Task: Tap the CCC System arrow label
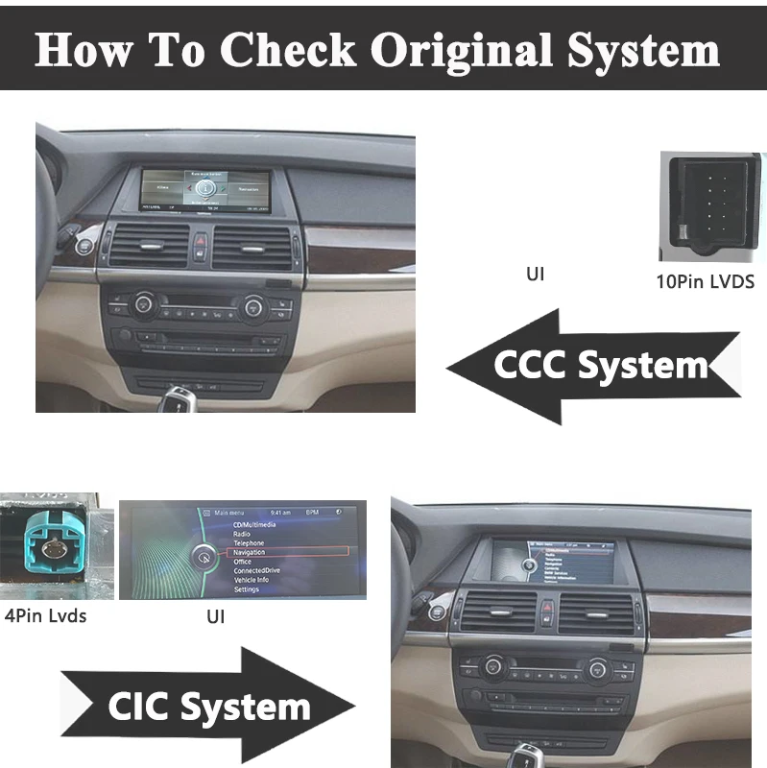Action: coord(600,366)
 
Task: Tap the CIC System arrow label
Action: coord(208,708)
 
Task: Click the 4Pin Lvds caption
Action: coord(46,615)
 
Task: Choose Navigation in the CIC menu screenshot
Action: coord(249,553)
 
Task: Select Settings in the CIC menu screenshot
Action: coord(246,588)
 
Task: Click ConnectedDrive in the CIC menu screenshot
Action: coord(256,571)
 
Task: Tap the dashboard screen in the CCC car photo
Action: coord(204,189)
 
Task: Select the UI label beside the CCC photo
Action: coord(535,274)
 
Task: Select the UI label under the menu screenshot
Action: coord(215,616)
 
